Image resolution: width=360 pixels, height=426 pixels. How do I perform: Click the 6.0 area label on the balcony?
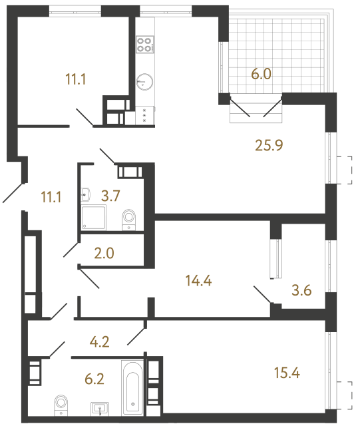point(260,75)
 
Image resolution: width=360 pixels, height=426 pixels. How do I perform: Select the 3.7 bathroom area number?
point(110,196)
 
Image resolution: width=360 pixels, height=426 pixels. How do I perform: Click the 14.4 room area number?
point(198,280)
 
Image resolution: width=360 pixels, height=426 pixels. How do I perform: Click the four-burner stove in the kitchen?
point(145,44)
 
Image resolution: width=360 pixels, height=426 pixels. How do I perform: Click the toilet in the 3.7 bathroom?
point(129,218)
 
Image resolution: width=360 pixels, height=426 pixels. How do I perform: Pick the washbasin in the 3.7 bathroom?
point(87,195)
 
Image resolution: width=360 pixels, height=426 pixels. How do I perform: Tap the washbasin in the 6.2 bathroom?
point(101,407)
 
